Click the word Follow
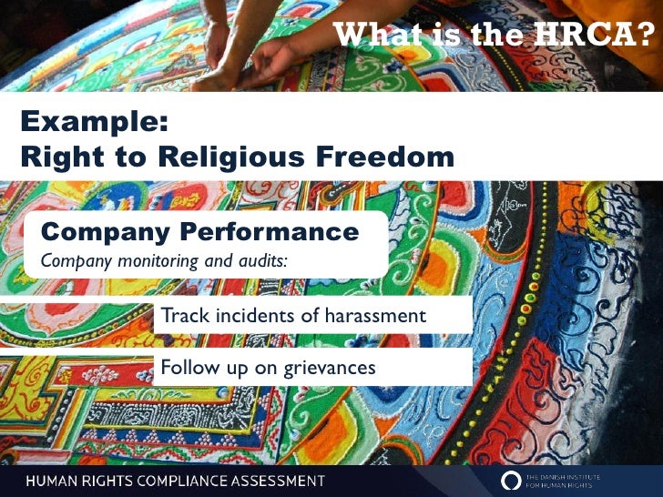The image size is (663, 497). (186, 368)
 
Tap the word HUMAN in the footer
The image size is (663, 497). (54, 480)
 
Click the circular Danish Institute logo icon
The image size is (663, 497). (510, 480)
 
